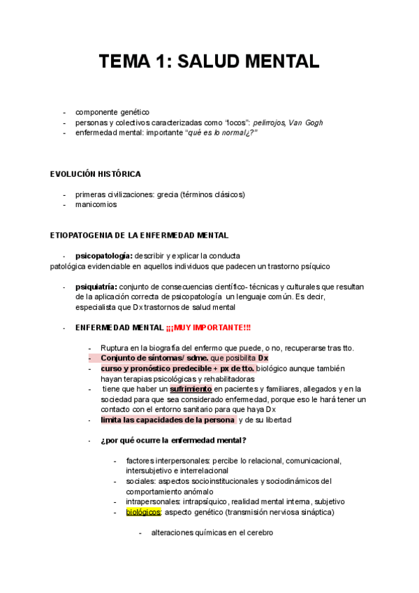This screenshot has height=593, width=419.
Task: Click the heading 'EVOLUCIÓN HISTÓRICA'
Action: coord(96,173)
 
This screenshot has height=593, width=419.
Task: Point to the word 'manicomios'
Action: coord(96,205)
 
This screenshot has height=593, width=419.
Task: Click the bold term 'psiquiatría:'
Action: coord(96,287)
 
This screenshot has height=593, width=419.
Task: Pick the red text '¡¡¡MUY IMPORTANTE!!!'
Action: coord(208,327)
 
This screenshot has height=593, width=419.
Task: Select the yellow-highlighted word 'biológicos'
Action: coord(143,512)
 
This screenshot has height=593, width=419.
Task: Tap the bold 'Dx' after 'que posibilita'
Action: coord(263,358)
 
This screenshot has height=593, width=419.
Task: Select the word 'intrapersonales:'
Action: coord(153,501)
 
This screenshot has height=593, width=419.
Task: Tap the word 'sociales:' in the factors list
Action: coord(141,481)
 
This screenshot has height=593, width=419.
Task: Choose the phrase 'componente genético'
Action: coord(112,112)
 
